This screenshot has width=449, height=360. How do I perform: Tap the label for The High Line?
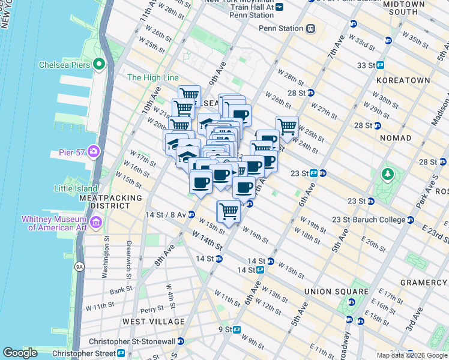152,78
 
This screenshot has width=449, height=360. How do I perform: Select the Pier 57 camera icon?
93,151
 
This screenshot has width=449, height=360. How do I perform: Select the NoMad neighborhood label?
395,138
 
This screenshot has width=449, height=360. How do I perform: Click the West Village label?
153,322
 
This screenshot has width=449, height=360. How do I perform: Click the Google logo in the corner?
20,353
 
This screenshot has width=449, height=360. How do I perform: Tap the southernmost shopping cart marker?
229,211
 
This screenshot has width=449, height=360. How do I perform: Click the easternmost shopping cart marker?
288,127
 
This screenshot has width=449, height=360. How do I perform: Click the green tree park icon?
388,175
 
